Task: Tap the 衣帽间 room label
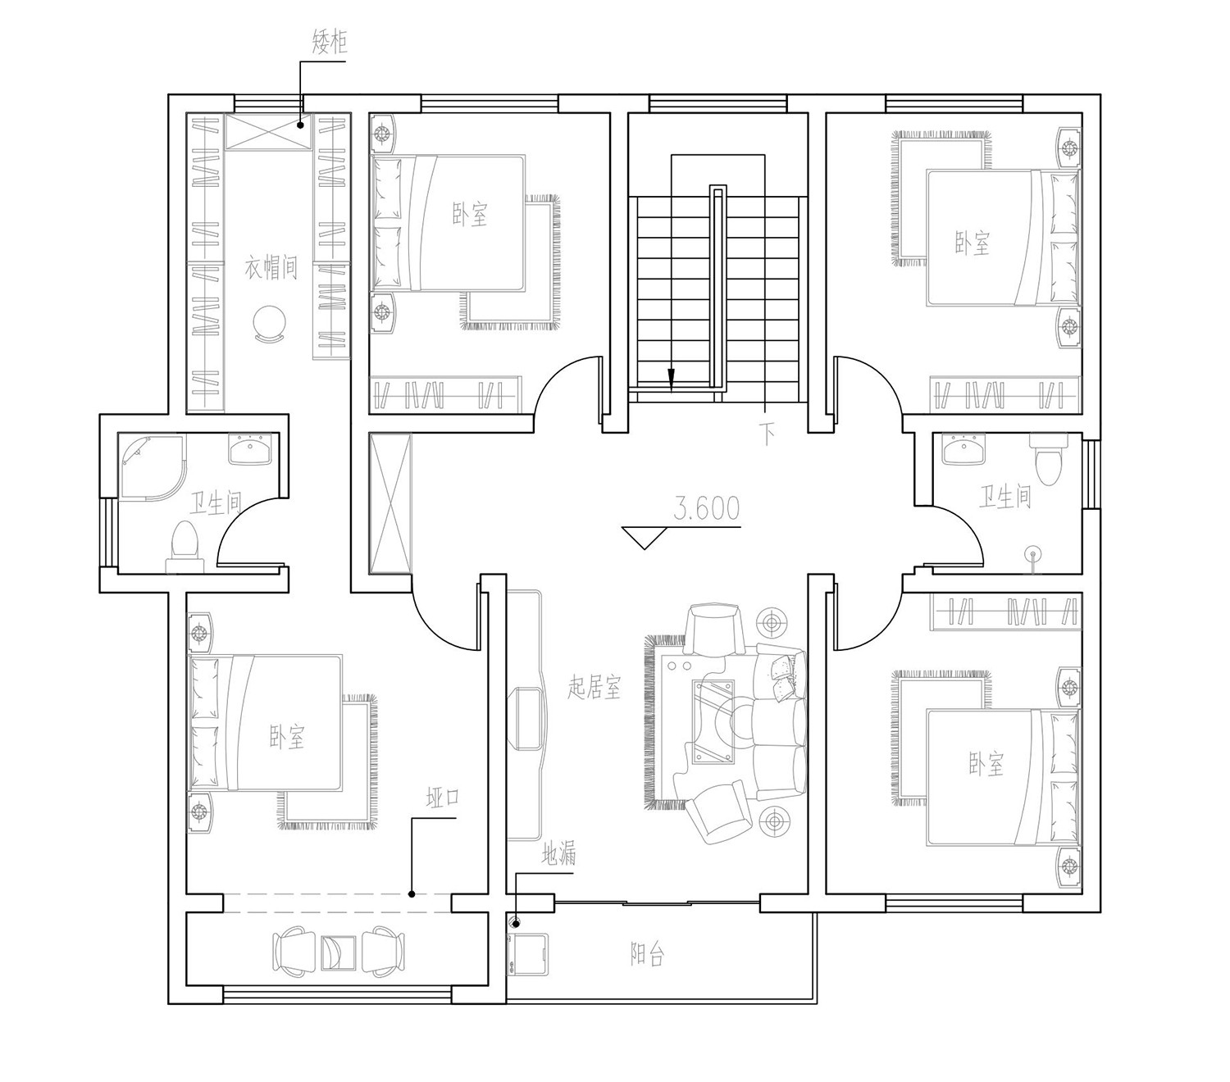pos(271,267)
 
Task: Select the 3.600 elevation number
pos(707,508)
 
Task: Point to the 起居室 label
pos(594,687)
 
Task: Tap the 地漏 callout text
pos(558,854)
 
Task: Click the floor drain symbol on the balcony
pos(515,924)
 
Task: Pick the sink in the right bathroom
pos(964,450)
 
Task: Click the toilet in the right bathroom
pos(1050,458)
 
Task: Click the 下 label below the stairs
pos(767,434)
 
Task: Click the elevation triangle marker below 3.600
pos(645,538)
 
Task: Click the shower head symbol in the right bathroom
pos(1032,555)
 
